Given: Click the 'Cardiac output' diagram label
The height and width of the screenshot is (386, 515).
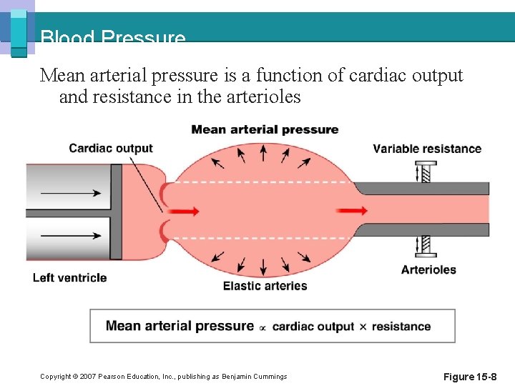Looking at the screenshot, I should (x=111, y=149).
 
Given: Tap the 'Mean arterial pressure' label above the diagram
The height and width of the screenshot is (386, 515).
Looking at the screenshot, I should (x=265, y=129).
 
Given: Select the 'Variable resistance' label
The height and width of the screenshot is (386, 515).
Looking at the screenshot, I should (x=427, y=149).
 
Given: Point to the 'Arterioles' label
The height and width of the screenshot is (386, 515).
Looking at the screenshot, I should (x=428, y=269).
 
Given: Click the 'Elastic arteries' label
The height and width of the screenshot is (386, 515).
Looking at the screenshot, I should (x=265, y=286).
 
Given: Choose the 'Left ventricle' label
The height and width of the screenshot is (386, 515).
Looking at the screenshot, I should (x=69, y=277).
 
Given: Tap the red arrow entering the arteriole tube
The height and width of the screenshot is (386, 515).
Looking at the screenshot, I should (x=352, y=210).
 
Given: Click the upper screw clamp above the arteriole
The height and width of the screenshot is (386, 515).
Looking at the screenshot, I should (x=425, y=172).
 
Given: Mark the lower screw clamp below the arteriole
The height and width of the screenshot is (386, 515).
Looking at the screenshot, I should (x=425, y=247).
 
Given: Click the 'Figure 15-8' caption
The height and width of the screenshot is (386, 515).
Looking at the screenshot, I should (x=470, y=377).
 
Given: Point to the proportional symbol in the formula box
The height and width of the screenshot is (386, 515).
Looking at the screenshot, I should (x=263, y=327).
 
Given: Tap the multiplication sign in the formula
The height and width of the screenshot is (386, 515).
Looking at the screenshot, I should (x=363, y=327).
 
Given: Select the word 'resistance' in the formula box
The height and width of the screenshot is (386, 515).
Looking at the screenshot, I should (x=401, y=327).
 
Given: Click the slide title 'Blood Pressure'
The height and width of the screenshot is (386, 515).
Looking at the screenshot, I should (x=113, y=38).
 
